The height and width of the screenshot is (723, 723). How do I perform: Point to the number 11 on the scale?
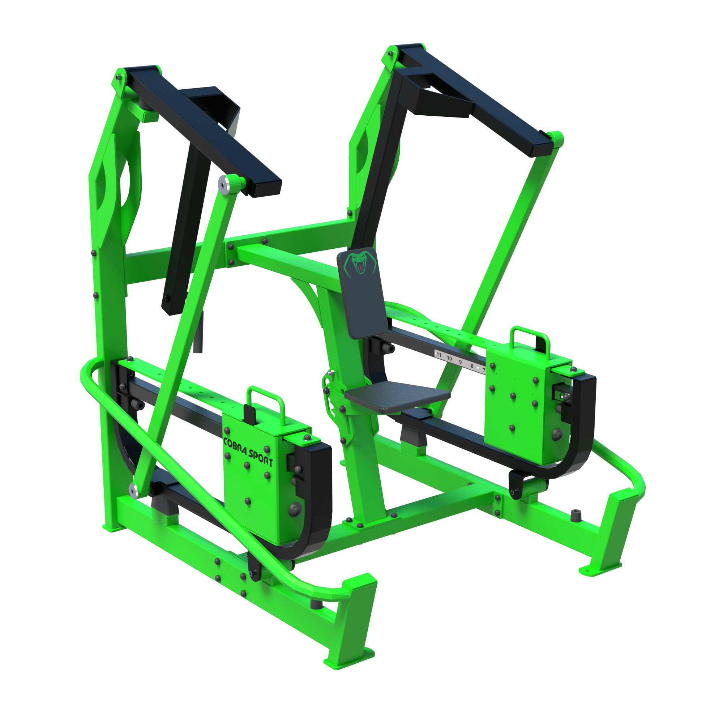point(439,355)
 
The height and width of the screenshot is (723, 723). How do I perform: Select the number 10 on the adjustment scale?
point(449,359)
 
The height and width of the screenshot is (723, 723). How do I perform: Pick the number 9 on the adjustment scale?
point(460,362)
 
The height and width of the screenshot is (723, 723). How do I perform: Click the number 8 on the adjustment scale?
point(472,366)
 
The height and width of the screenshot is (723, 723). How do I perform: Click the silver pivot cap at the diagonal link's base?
point(133,490)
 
